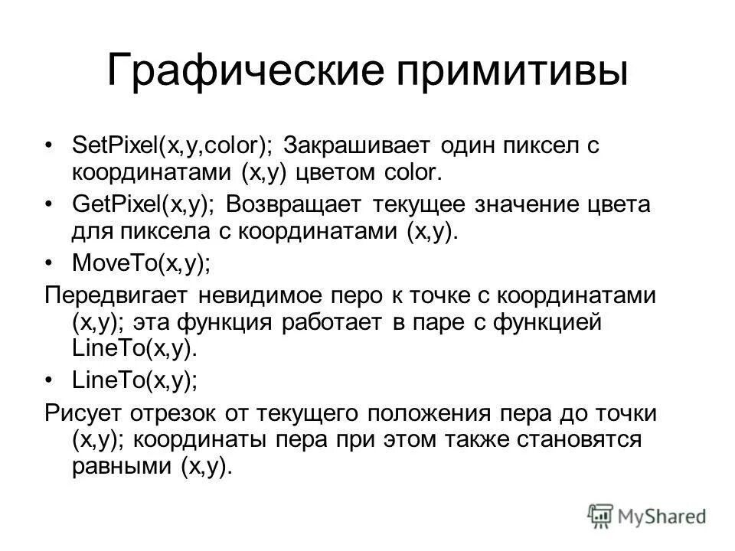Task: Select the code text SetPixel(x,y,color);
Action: (171, 146)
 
